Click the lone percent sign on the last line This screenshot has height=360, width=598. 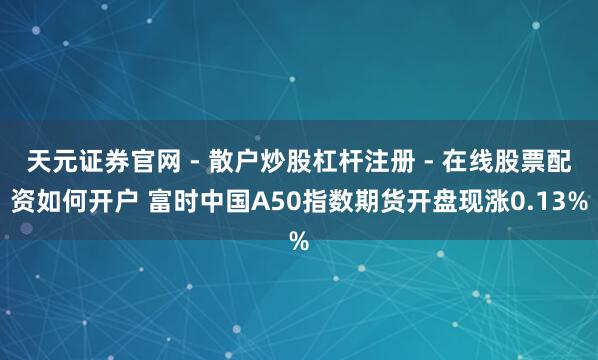coord(299,242)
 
